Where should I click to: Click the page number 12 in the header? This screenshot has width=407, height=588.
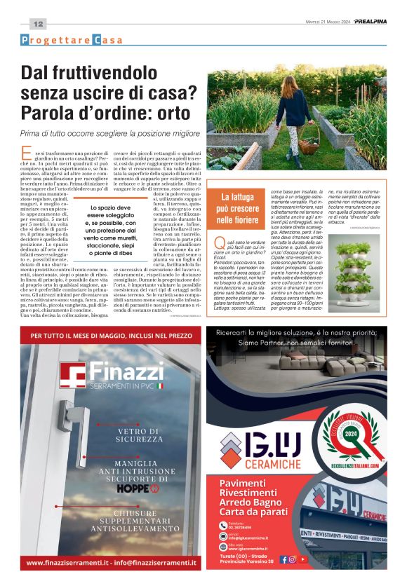(x=38, y=24)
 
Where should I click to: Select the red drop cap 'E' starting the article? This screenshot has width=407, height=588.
(x=27, y=153)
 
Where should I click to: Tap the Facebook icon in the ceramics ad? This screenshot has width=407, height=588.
(x=284, y=559)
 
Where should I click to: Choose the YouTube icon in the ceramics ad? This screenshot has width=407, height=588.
(x=302, y=559)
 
